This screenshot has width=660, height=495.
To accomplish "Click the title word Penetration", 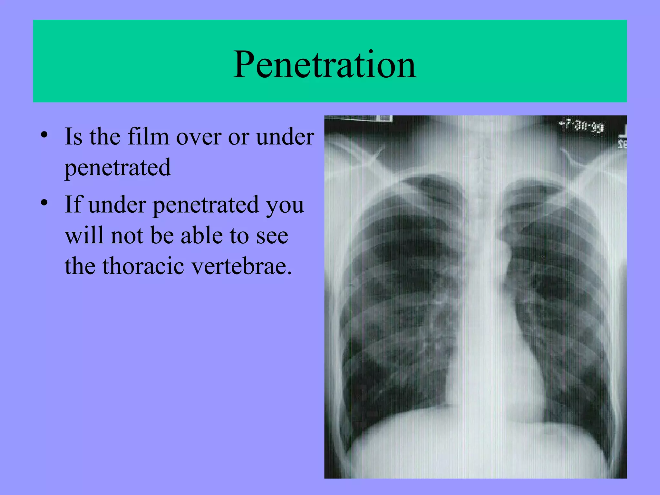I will coord(325,64).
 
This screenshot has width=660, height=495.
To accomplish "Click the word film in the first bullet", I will coord(148,137).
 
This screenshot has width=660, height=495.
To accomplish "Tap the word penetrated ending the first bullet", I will coord(118,168).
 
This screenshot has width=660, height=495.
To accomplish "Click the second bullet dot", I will coord(44,203).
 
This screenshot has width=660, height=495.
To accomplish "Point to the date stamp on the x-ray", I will coord(582,126).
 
